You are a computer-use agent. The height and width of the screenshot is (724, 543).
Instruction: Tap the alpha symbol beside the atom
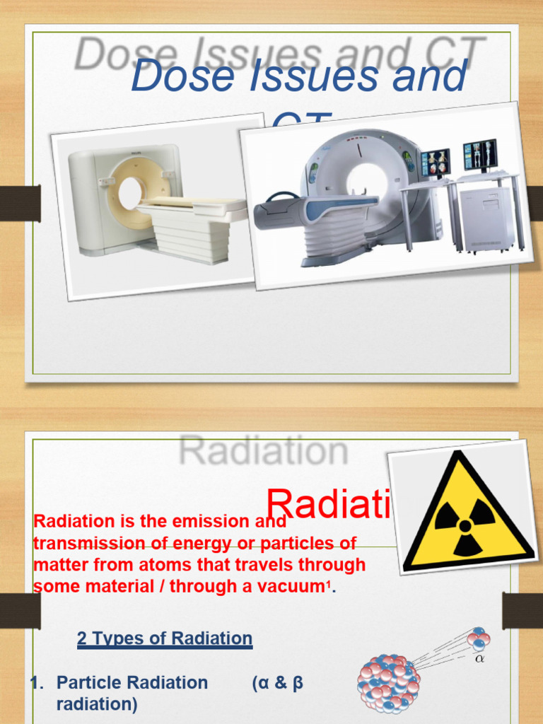tap(480, 659)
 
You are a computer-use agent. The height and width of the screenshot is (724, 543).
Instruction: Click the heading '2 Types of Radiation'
tap(164, 639)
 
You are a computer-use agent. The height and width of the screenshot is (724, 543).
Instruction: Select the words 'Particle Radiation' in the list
tap(132, 683)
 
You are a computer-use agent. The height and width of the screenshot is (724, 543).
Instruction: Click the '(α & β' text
tap(277, 683)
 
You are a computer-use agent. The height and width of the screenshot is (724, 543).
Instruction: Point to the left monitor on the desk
tap(435, 163)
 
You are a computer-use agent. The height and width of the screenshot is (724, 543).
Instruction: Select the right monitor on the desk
tap(480, 154)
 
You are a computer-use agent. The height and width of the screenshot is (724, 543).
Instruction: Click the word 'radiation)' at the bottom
tap(97, 705)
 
